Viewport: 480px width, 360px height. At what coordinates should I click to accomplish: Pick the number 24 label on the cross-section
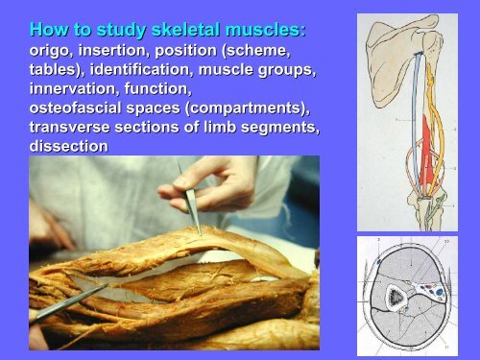point(448,240)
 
